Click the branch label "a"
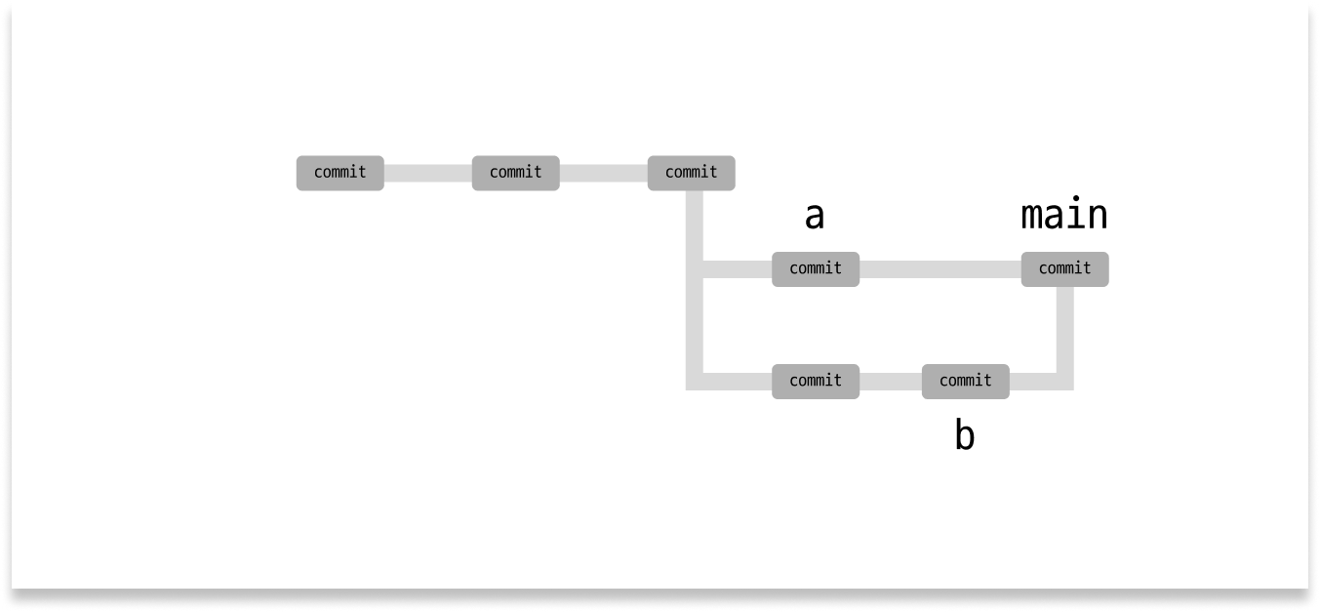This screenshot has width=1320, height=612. coord(815,217)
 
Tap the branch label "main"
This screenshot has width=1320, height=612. coord(1064,216)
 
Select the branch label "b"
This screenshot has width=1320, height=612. coord(964,436)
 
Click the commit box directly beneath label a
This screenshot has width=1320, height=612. coord(816,268)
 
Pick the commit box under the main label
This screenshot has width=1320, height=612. coord(1064,268)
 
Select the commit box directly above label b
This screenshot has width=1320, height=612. coord(965,381)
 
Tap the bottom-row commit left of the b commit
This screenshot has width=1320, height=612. coord(816,381)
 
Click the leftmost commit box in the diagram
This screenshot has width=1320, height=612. coord(340,173)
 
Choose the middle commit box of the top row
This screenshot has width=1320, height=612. coord(516,173)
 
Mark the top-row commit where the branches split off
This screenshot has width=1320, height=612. coord(691,173)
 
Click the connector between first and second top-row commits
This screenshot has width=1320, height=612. coord(428,173)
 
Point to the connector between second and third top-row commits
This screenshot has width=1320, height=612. coord(604,173)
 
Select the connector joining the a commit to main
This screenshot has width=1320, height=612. coord(940,268)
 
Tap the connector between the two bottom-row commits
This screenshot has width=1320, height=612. coord(891,381)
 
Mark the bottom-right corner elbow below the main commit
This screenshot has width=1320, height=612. coord(1064,381)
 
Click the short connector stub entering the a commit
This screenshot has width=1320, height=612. coord(738,268)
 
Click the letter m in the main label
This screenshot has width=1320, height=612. coord(1032,216)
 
